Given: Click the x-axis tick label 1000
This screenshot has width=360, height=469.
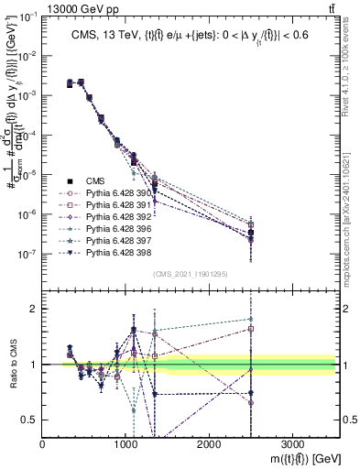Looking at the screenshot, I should pos(125,445).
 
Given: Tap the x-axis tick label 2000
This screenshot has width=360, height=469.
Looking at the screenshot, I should pos(209,445).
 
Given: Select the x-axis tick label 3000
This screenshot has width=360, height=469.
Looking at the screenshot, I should pos(292,445).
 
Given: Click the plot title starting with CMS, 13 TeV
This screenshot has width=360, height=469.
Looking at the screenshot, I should pos(192,36).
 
